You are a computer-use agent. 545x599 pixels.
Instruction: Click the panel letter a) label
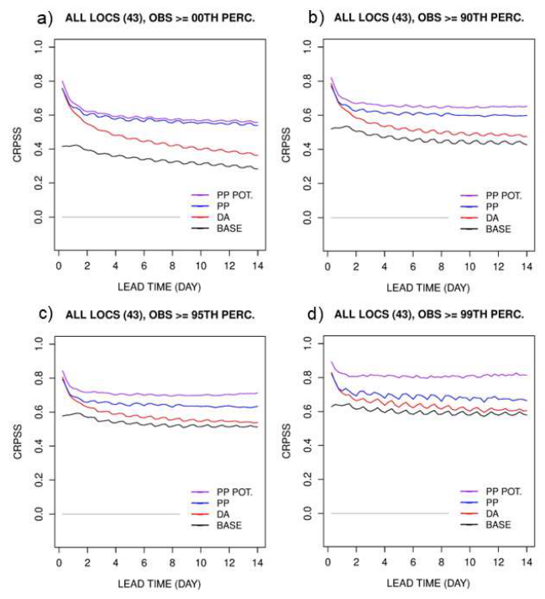pyautogui.click(x=45, y=18)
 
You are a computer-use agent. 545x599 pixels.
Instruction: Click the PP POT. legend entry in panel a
pyautogui.click(x=223, y=195)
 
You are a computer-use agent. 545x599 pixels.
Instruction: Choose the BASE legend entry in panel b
pyautogui.click(x=486, y=229)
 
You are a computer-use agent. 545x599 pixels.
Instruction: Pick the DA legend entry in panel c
pyautogui.click(x=211, y=514)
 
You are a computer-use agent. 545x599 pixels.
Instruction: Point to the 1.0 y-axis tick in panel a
pyautogui.click(x=39, y=47)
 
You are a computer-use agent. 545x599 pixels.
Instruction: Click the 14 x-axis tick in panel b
pyautogui.click(x=527, y=266)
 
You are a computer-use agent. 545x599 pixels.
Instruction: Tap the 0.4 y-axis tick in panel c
pyautogui.click(x=39, y=446)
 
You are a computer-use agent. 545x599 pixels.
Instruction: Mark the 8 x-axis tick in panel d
pyautogui.click(x=441, y=562)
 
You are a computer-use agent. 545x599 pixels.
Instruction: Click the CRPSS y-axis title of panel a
pyautogui.click(x=18, y=145)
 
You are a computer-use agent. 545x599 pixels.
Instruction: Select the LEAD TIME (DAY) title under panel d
pyautogui.click(x=428, y=583)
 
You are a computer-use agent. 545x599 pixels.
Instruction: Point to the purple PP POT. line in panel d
pyautogui.click(x=428, y=376)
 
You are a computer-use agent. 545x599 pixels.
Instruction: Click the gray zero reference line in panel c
pyautogui.click(x=121, y=514)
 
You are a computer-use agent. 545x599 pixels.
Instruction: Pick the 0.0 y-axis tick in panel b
pyautogui.click(x=307, y=218)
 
